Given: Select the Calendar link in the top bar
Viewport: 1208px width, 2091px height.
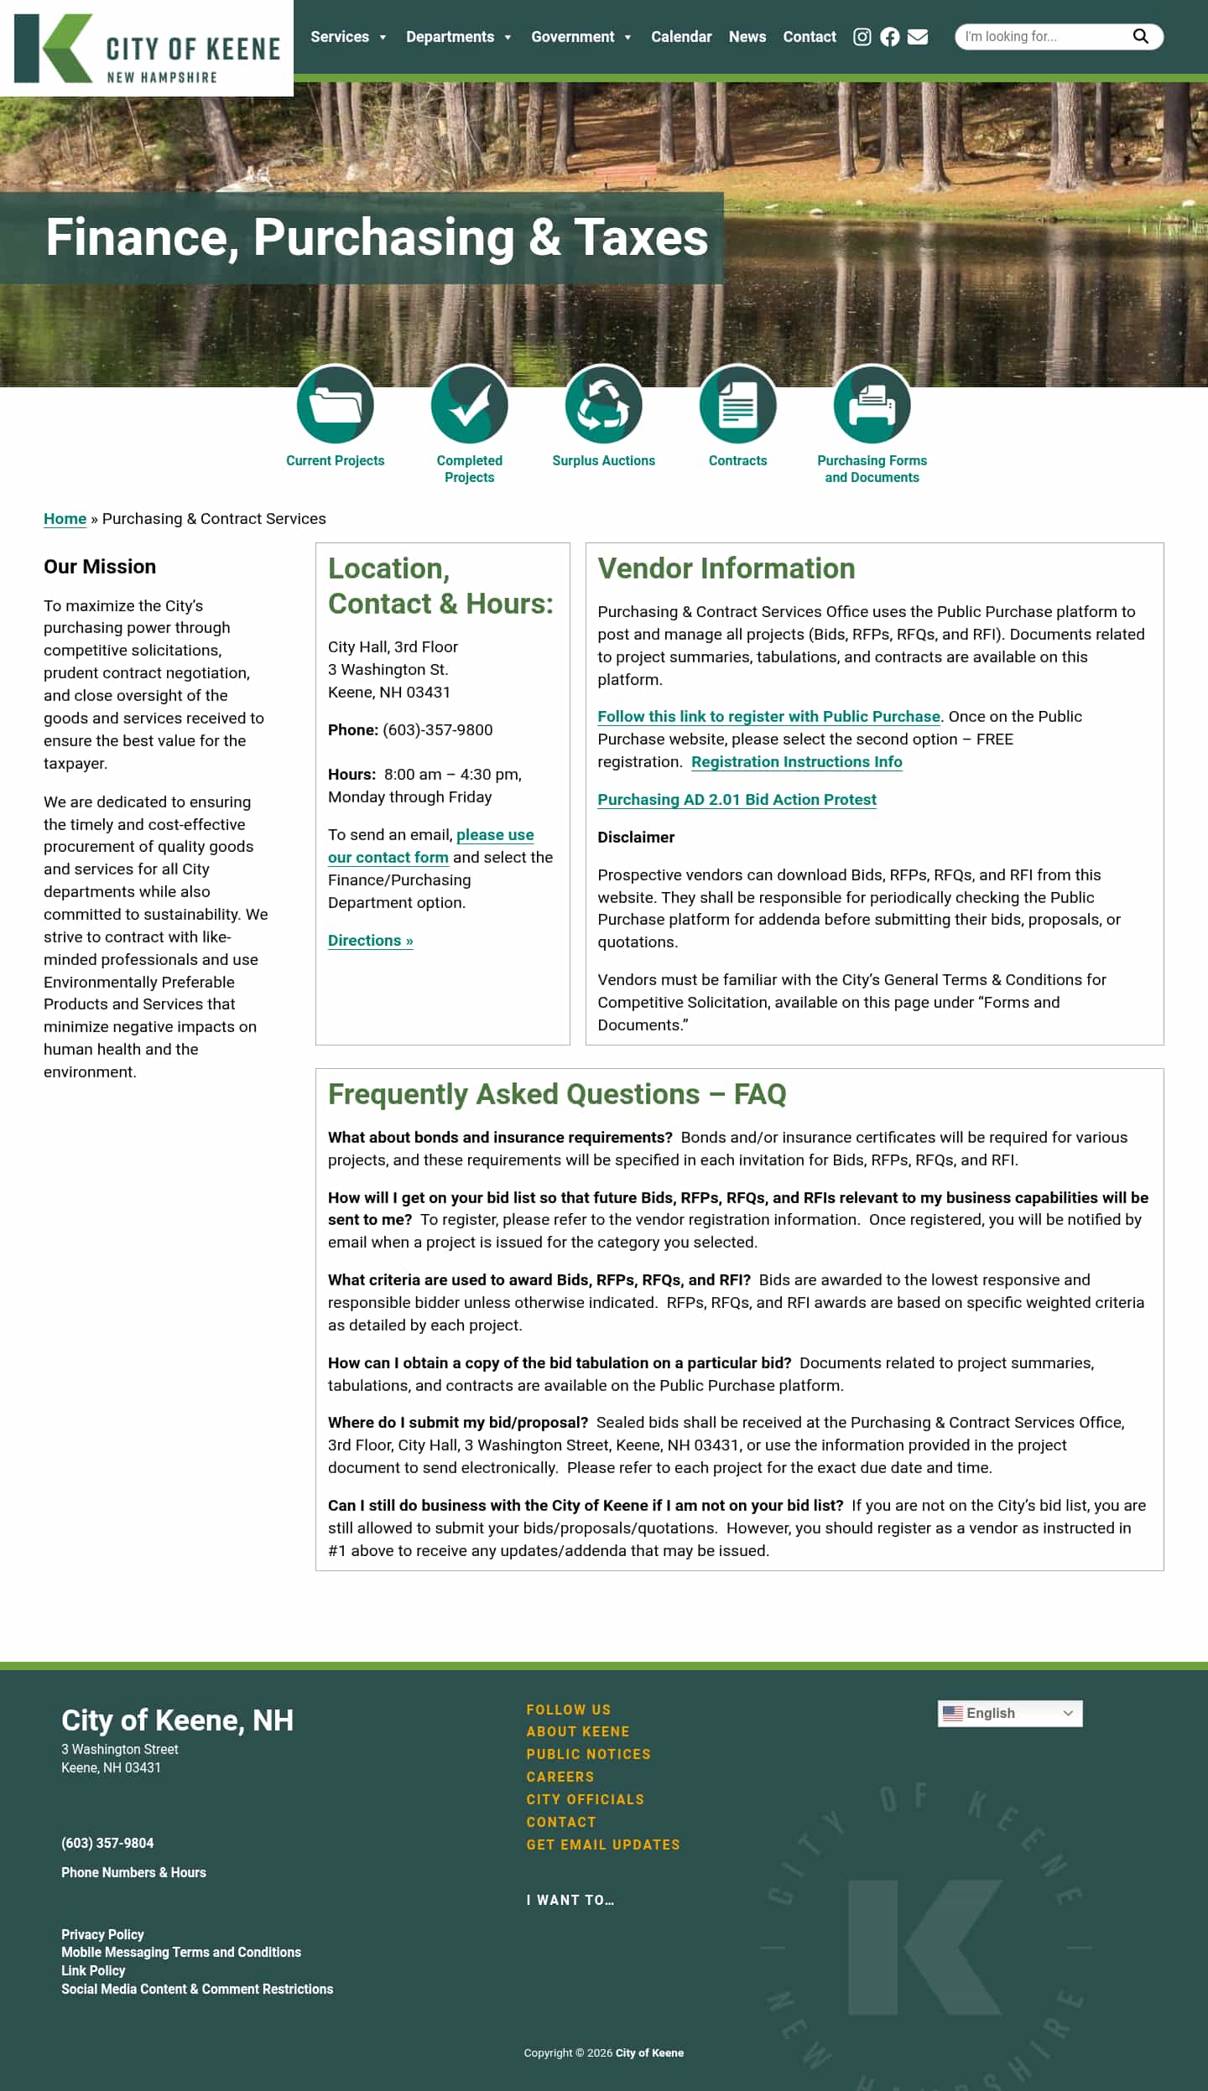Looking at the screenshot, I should tap(680, 37).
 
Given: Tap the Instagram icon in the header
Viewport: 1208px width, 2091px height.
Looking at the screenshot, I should tap(862, 37).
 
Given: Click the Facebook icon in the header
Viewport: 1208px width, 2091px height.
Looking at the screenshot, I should tap(889, 37).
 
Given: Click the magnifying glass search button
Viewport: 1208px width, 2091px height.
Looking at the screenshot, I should tap(1140, 36).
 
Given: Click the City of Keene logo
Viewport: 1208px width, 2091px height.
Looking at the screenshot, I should tap(147, 48).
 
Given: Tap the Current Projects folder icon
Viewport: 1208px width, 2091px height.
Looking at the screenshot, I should tap(335, 405).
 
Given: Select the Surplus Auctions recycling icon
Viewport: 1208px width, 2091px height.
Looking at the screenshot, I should tap(603, 405).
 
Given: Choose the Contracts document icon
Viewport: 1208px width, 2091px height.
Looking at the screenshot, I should tap(737, 405).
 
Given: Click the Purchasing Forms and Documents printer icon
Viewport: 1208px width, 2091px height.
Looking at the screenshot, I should tap(872, 405).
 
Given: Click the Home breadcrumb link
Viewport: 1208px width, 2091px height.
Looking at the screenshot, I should tap(65, 519).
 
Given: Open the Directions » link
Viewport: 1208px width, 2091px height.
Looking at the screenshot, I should tap(370, 941).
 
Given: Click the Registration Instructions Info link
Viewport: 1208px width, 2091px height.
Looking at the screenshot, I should tap(796, 762).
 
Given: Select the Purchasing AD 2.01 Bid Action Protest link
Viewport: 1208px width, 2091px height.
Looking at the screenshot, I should tap(737, 800).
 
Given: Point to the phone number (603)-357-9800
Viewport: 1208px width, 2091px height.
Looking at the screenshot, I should tap(437, 730).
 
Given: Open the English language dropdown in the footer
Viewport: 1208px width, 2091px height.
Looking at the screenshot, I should tap(1009, 1713).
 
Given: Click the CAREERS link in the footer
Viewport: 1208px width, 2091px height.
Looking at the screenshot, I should tap(560, 1777).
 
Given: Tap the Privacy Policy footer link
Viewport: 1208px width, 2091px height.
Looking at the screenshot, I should tap(102, 1934).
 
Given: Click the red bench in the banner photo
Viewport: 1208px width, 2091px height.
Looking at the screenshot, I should tap(625, 174).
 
